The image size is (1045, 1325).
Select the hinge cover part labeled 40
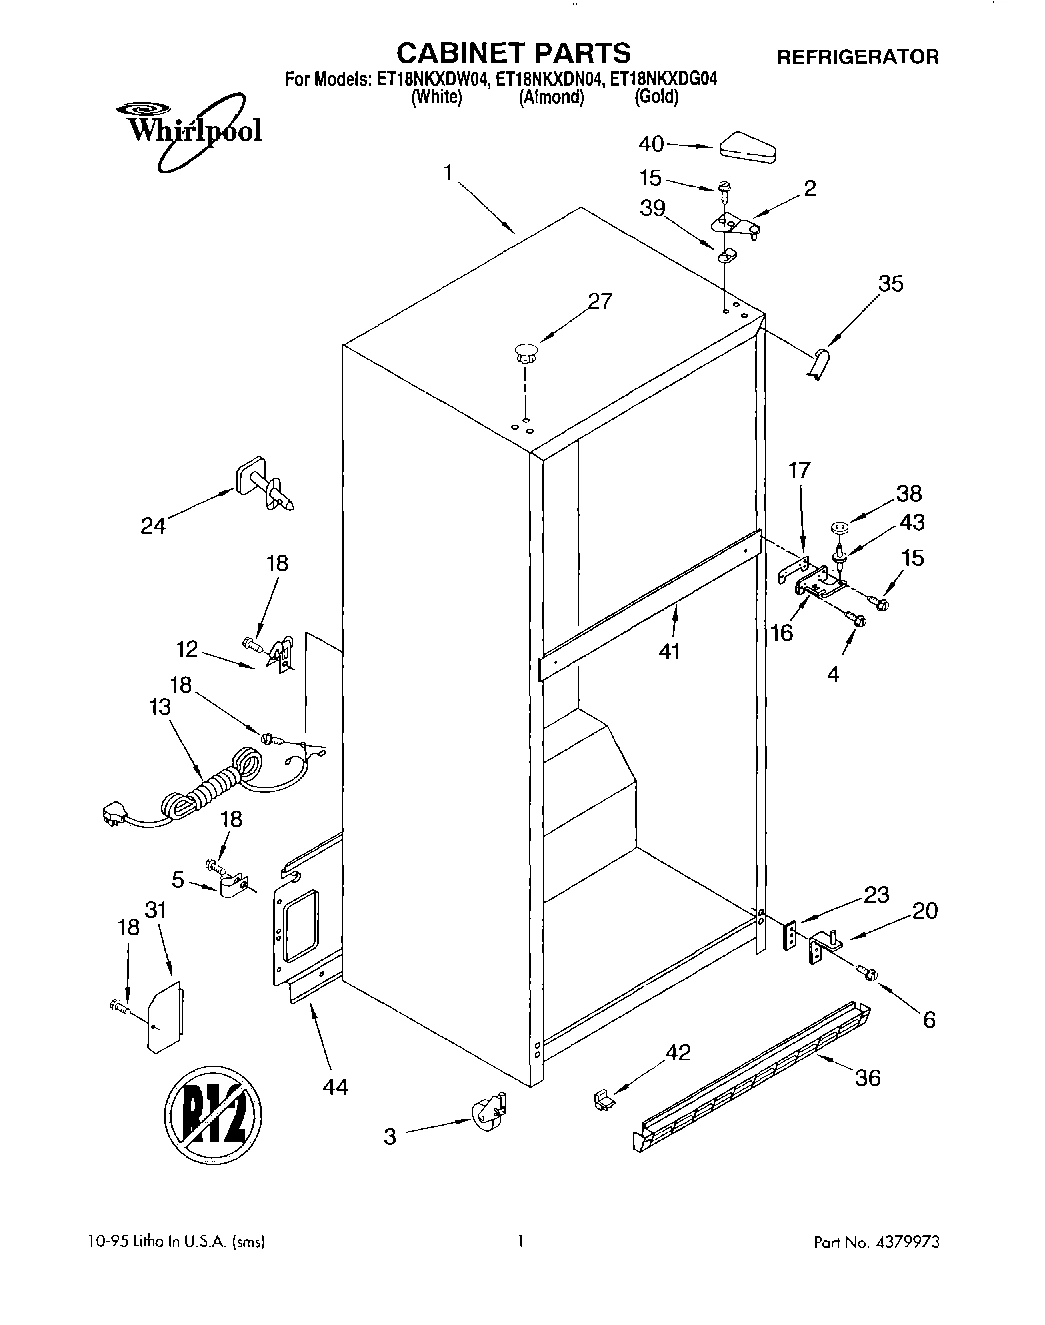point(746,146)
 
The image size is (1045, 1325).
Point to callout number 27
point(600,301)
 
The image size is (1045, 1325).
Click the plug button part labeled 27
point(526,352)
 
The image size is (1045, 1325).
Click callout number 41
point(669,651)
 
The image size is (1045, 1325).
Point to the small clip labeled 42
point(603,1099)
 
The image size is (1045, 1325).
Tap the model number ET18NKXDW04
point(432,80)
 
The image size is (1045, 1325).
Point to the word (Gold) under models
point(656,98)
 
